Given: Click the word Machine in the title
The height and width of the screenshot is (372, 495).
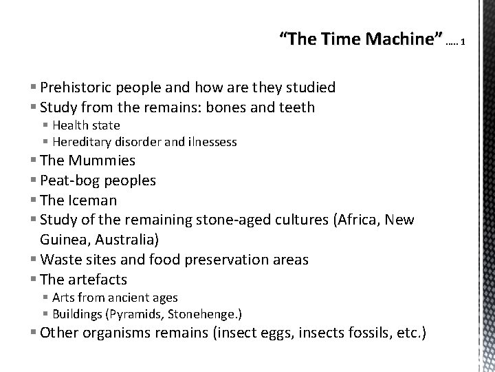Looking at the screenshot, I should [401, 40].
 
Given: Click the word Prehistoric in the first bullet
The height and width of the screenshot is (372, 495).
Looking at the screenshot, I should [77, 87].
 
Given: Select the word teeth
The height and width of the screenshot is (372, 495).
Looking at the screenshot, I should [296, 107].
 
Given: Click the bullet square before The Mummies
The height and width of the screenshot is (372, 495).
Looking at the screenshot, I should [35, 161].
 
